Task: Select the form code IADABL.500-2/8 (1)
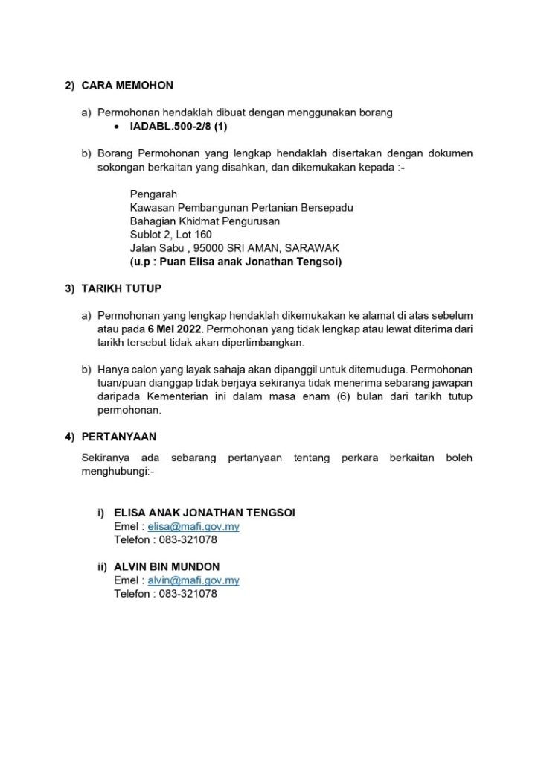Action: [179, 127]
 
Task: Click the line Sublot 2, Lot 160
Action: [170, 235]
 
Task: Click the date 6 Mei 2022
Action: [174, 328]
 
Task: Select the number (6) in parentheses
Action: [348, 396]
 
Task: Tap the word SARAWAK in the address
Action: [312, 248]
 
